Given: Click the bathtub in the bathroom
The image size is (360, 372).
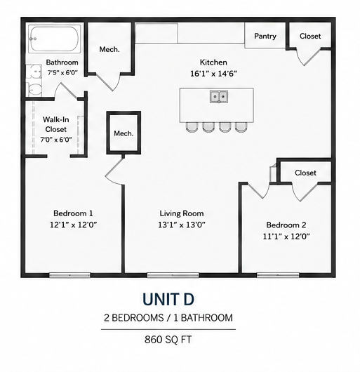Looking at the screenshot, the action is pyautogui.click(x=55, y=39).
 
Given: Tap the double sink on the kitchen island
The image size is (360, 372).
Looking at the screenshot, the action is pyautogui.click(x=219, y=97).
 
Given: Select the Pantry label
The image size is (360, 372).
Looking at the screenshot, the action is pyautogui.click(x=265, y=36).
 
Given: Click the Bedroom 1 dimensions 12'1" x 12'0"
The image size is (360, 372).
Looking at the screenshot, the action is pyautogui.click(x=74, y=225).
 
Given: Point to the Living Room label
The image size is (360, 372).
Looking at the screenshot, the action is pyautogui.click(x=182, y=213).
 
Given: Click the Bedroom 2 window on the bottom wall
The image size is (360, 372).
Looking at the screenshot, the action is pyautogui.click(x=278, y=275).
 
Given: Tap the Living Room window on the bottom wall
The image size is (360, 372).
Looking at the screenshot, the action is pyautogui.click(x=173, y=275).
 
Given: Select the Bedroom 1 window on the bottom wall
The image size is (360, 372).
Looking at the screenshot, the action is pyautogui.click(x=69, y=275).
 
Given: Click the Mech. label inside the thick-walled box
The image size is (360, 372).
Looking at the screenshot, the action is pyautogui.click(x=124, y=133).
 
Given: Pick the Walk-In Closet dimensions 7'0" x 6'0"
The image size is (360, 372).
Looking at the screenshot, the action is pyautogui.click(x=56, y=140).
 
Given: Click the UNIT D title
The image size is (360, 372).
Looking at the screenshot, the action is pyautogui.click(x=168, y=299).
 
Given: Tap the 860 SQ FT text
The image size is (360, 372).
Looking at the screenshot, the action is pyautogui.click(x=168, y=340).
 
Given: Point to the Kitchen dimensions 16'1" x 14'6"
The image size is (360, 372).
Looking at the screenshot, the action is pyautogui.click(x=213, y=74).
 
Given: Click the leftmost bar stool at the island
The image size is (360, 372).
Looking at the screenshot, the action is pyautogui.click(x=192, y=127).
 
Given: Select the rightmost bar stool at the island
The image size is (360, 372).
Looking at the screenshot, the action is pyautogui.click(x=241, y=127).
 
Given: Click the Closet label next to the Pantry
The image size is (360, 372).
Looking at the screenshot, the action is pyautogui.click(x=310, y=36).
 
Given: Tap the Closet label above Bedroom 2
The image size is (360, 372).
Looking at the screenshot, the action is pyautogui.click(x=305, y=173).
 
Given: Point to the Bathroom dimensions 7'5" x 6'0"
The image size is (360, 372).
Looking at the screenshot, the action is pyautogui.click(x=62, y=72).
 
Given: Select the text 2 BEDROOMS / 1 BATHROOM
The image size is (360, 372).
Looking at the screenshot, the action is pyautogui.click(x=168, y=318).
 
